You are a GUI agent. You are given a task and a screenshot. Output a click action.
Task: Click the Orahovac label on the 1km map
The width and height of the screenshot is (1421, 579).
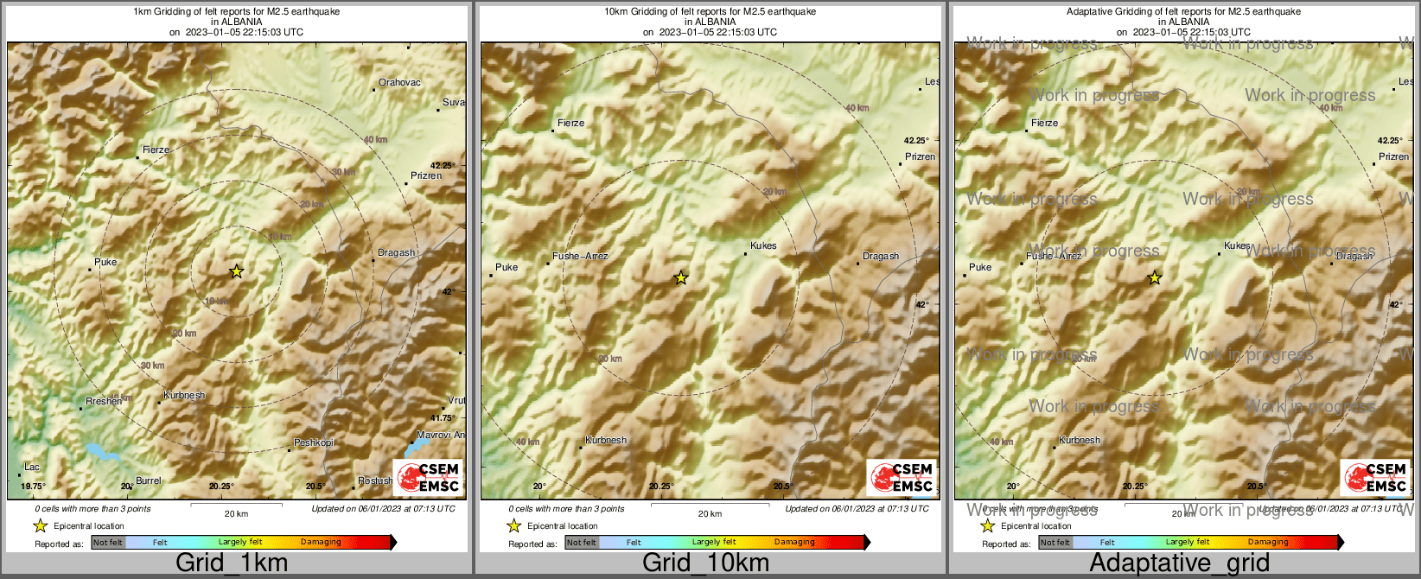point(399,83)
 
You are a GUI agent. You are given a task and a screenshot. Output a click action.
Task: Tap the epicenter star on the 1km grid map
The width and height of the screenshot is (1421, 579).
point(236,271)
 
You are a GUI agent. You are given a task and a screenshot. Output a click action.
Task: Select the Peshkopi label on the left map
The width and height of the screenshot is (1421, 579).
point(314,443)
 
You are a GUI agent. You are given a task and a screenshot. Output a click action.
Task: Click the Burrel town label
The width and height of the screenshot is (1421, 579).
point(149,480)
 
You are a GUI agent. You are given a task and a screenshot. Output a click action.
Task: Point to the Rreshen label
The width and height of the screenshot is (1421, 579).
point(104,402)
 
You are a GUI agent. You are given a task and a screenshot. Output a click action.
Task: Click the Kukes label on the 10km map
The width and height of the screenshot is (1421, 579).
point(763,246)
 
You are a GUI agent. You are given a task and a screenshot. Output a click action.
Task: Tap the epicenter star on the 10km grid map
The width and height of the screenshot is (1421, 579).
point(681,277)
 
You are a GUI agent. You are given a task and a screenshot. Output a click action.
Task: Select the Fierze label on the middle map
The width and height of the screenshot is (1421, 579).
point(570,124)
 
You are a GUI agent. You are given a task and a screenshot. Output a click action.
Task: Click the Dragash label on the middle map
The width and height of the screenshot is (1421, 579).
point(881,257)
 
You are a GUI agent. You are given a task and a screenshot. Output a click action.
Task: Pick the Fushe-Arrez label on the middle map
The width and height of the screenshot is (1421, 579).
point(580,257)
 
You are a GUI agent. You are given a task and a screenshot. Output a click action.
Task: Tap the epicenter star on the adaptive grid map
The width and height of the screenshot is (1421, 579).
point(1155,277)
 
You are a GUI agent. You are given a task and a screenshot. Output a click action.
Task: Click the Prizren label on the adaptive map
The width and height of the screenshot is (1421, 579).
point(1393,157)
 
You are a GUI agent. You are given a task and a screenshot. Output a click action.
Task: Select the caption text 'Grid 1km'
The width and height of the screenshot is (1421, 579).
point(232,563)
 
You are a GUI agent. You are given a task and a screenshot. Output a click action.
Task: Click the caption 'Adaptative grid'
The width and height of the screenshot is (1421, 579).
point(1179,563)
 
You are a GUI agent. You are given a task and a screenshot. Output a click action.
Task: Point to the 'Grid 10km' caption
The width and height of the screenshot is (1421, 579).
point(705,563)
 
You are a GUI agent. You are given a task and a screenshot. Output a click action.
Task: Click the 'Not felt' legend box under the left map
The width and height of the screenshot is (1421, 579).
point(108,543)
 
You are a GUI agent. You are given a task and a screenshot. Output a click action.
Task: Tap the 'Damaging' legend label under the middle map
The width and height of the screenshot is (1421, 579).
point(794,543)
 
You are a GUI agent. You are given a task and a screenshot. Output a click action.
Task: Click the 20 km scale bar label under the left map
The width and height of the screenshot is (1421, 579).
point(236,514)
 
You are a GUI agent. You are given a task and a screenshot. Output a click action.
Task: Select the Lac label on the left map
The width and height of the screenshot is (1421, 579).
point(32,468)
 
